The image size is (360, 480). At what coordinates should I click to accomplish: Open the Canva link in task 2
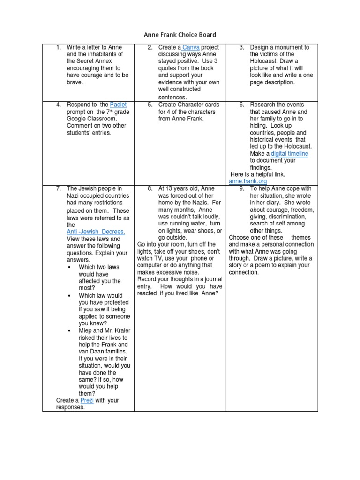click(x=191, y=47)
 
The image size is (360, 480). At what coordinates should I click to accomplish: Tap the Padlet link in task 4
click(x=118, y=105)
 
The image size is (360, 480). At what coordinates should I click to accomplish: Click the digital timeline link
click(x=289, y=154)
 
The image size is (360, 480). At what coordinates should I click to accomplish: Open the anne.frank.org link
click(x=247, y=181)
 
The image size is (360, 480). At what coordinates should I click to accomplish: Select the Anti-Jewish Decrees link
click(x=96, y=232)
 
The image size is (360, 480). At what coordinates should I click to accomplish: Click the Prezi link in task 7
click(x=87, y=400)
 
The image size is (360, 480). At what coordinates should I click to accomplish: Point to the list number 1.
click(x=58, y=47)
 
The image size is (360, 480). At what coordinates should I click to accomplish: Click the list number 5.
click(x=150, y=105)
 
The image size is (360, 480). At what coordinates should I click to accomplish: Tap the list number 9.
click(x=241, y=189)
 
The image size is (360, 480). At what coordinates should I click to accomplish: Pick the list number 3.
click(x=241, y=47)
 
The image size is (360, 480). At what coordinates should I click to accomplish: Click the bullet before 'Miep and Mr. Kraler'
click(x=69, y=330)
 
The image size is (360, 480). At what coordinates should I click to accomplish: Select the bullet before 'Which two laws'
click(x=69, y=267)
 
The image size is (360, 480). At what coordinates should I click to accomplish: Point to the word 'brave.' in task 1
click(x=75, y=82)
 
